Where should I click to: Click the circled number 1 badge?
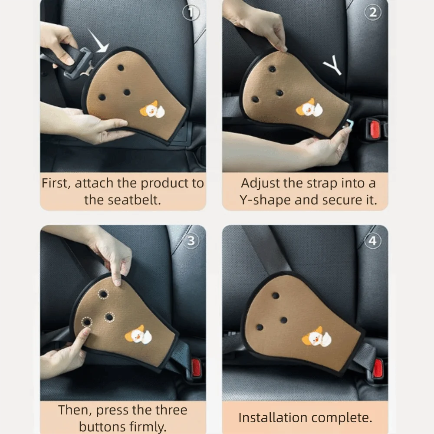tap(191, 13)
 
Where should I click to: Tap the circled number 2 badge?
tap(373, 13)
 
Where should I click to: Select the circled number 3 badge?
tap(191, 241)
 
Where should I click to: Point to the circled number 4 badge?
tap(373, 241)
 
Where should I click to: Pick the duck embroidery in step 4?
tap(316, 337)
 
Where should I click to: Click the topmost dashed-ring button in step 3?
tap(103, 294)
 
